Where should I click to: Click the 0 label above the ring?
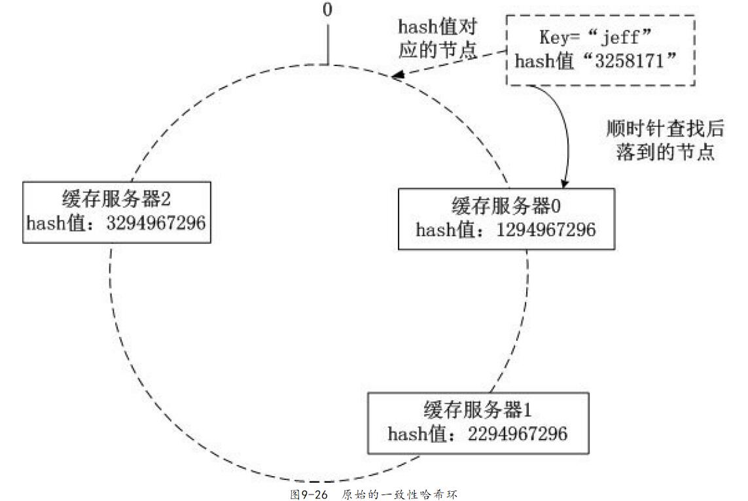(x=328, y=11)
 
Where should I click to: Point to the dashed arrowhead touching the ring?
(x=397, y=76)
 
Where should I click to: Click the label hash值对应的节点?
(x=437, y=39)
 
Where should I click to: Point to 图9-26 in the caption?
(x=308, y=494)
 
